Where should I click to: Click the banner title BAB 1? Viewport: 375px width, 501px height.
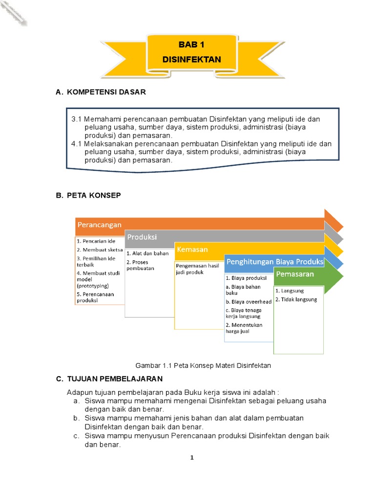click(191, 45)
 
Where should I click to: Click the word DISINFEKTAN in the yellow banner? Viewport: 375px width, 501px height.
click(191, 60)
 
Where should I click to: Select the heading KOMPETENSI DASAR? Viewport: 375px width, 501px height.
click(105, 92)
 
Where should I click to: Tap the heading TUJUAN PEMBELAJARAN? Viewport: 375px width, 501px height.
click(114, 379)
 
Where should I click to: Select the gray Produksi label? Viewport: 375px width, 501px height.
click(142, 237)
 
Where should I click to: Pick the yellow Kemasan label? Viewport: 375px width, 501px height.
click(192, 250)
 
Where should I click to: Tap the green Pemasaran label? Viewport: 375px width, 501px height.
click(295, 274)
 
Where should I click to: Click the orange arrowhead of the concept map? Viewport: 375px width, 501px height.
click(333, 221)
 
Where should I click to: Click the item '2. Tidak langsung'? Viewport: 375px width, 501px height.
click(296, 299)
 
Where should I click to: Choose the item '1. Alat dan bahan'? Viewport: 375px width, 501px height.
click(147, 253)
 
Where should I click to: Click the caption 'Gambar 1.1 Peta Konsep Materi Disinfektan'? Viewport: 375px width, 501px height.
click(203, 365)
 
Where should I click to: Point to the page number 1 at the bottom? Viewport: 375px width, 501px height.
click(192, 458)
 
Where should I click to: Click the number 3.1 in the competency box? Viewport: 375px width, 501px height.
click(77, 119)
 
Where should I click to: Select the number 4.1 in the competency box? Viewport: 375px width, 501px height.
click(77, 144)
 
